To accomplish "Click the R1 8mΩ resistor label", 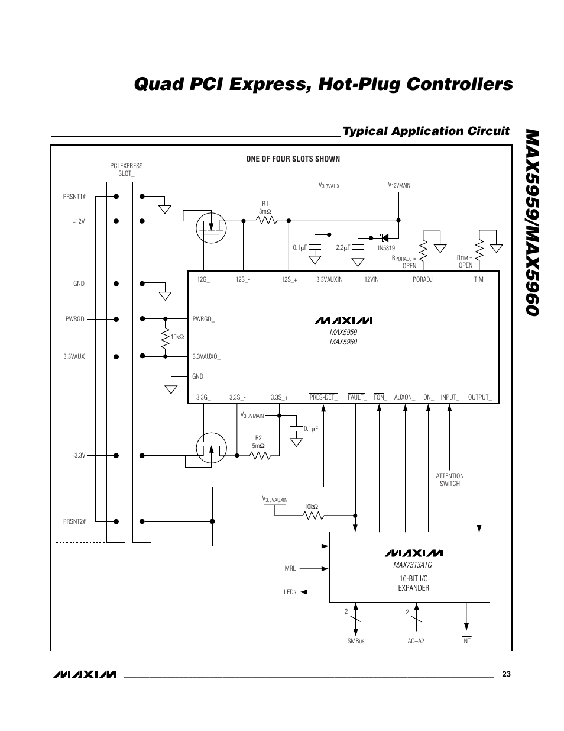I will point(264,207).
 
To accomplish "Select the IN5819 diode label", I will point(386,248).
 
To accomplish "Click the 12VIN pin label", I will point(371,279).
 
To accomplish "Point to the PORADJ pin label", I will point(423,279).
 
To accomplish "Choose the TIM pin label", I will point(478,279).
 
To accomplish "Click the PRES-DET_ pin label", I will point(323,397).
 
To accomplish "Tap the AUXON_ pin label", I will point(404,397).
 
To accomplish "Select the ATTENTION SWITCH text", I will point(450,479).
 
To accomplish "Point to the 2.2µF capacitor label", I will point(343,247).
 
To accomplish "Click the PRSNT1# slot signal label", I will point(74,196).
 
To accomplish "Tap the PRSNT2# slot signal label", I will point(74,521).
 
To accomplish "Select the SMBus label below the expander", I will point(356,641).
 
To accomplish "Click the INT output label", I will point(466,641).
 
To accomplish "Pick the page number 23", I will point(505,674).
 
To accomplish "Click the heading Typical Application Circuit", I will point(426,131).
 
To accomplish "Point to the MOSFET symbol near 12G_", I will point(211,226).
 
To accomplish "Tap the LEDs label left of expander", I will point(290,591).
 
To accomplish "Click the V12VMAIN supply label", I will point(399,186).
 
